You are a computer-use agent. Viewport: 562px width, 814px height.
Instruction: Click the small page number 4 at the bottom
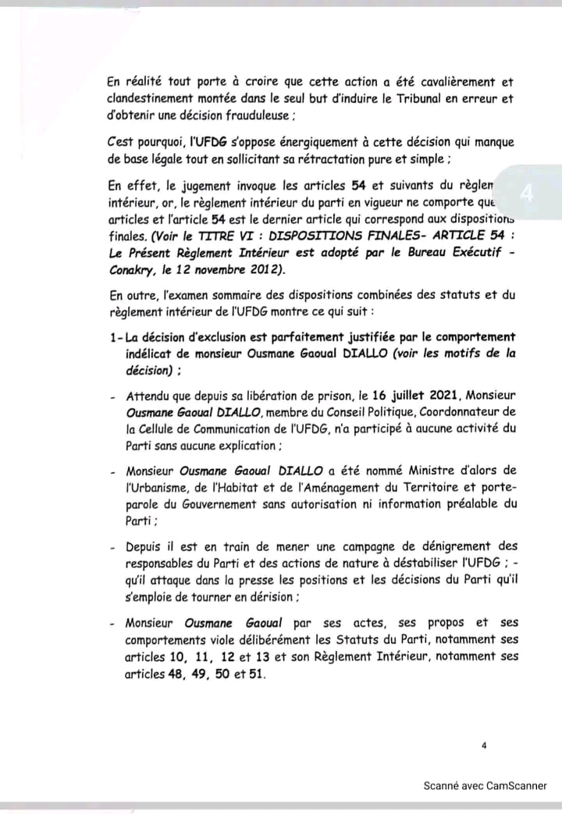pos(484,746)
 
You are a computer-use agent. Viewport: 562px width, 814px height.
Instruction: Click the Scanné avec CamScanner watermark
pos(485,786)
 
